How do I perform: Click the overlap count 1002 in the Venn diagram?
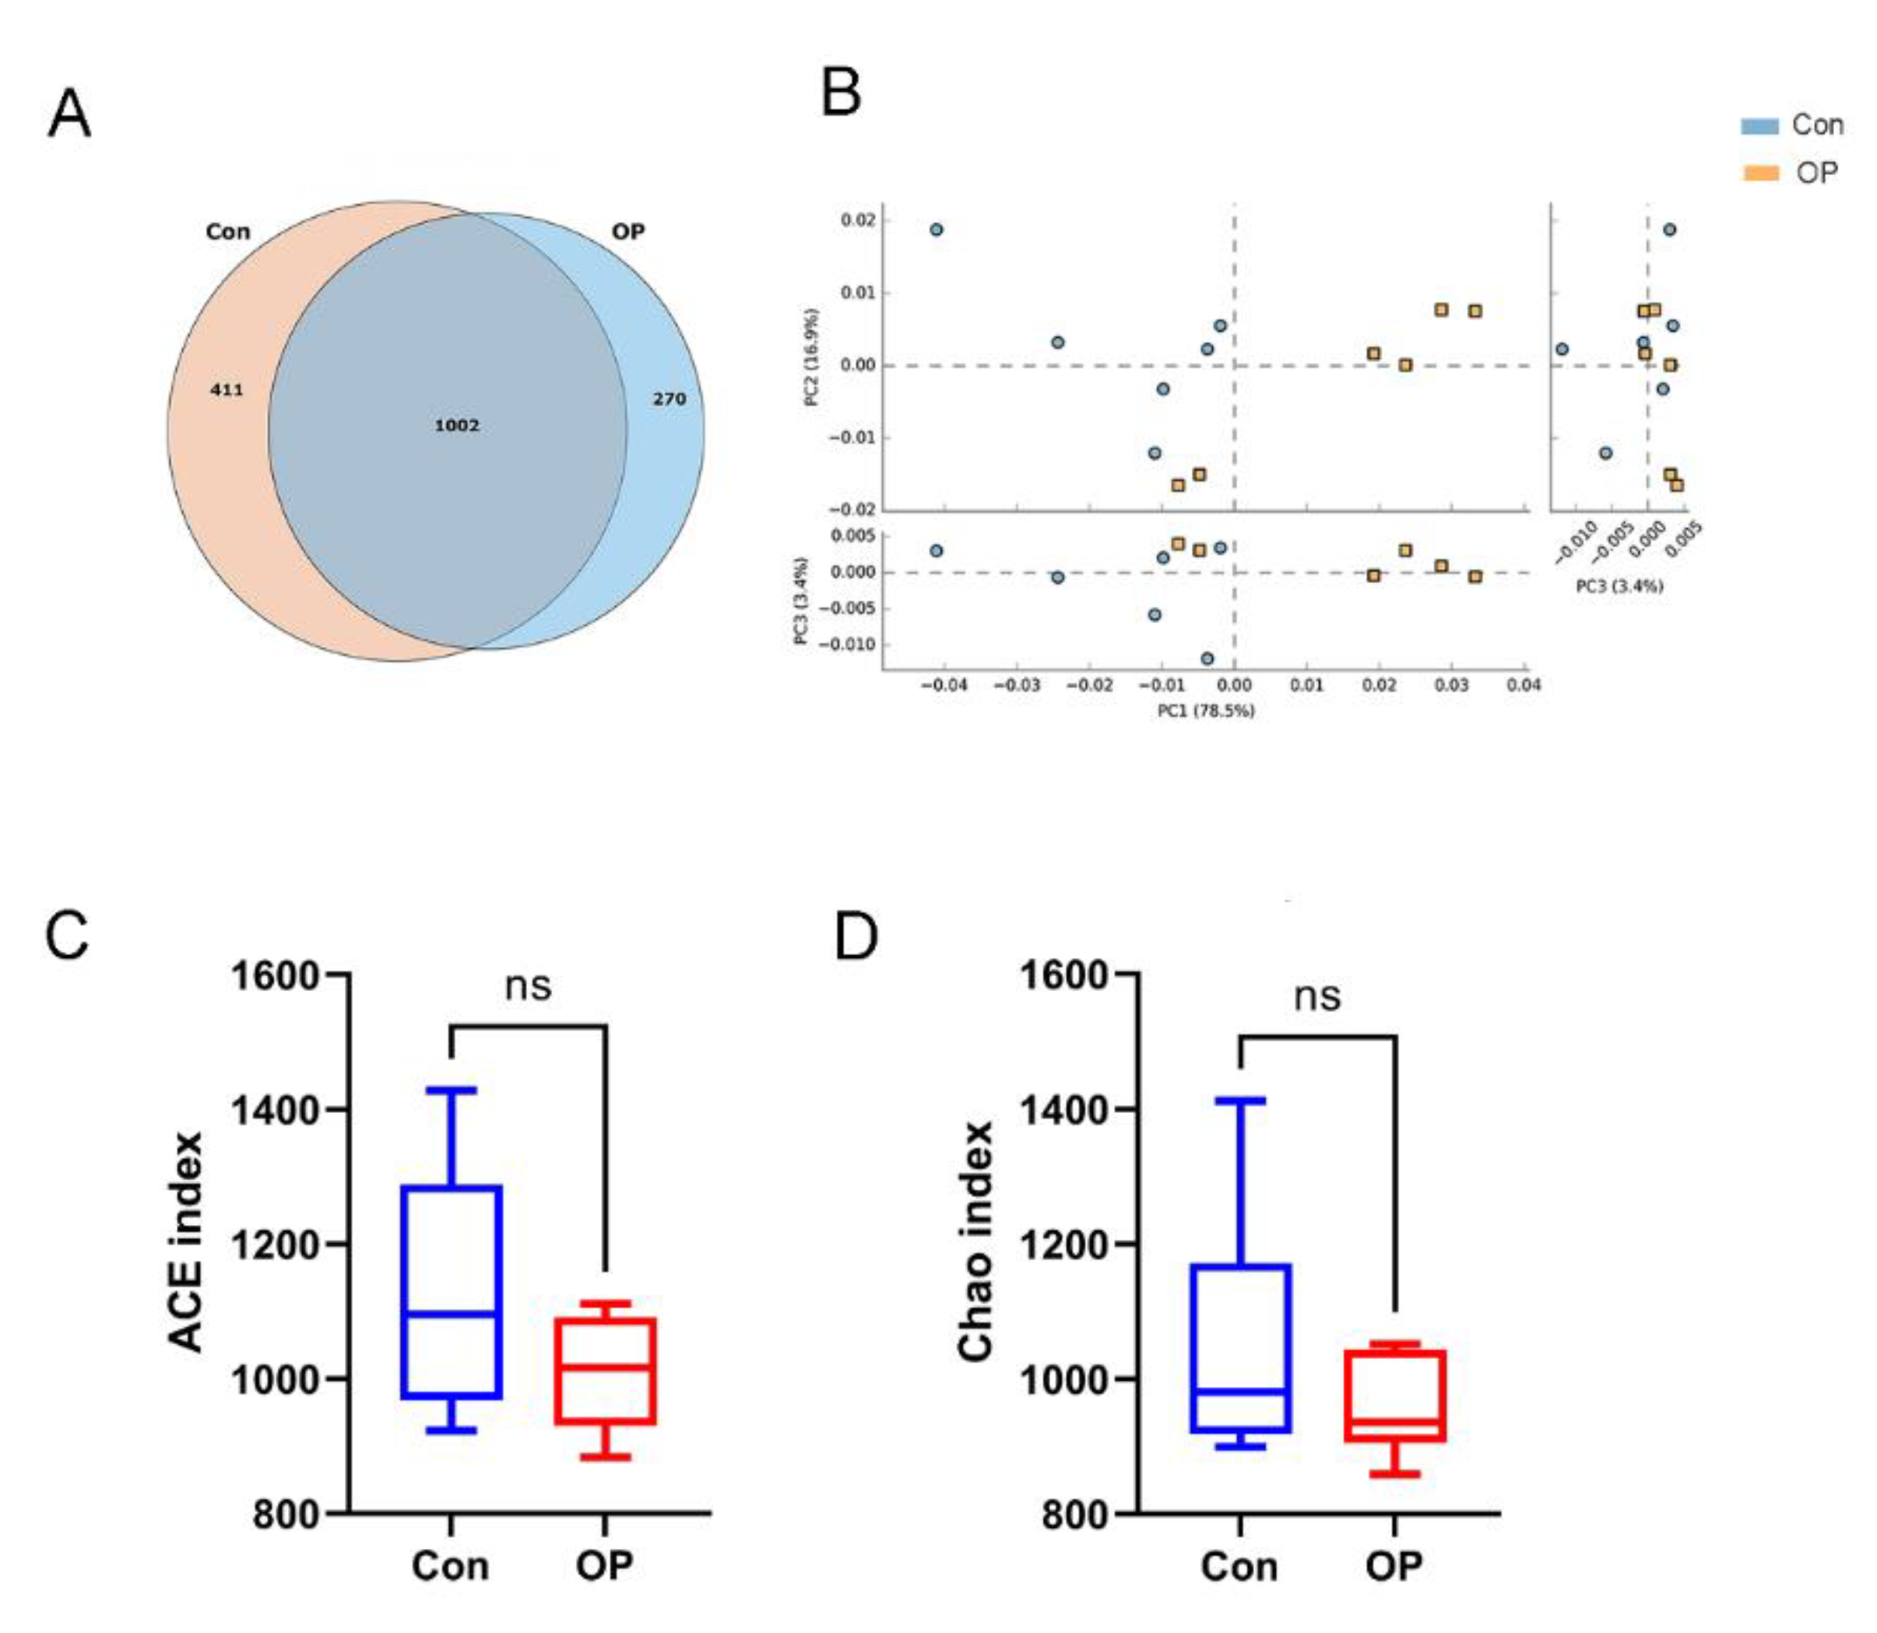(x=457, y=426)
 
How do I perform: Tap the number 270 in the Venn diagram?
(x=669, y=399)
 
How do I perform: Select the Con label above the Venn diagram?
(x=228, y=231)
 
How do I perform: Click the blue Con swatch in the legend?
(x=1759, y=126)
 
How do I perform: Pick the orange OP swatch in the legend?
(x=1760, y=172)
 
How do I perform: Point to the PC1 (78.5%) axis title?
(x=1205, y=711)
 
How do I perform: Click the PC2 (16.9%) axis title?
(x=812, y=356)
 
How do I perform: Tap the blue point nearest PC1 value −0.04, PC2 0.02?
(x=937, y=230)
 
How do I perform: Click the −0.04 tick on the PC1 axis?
(x=943, y=685)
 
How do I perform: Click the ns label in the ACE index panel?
(x=528, y=985)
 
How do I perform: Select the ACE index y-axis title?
(x=185, y=1242)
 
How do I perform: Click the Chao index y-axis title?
(x=975, y=1242)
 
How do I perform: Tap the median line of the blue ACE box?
(x=452, y=1313)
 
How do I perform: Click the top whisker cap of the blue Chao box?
(x=1240, y=1101)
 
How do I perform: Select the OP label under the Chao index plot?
(x=1393, y=1565)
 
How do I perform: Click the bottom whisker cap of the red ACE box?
(x=606, y=1457)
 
